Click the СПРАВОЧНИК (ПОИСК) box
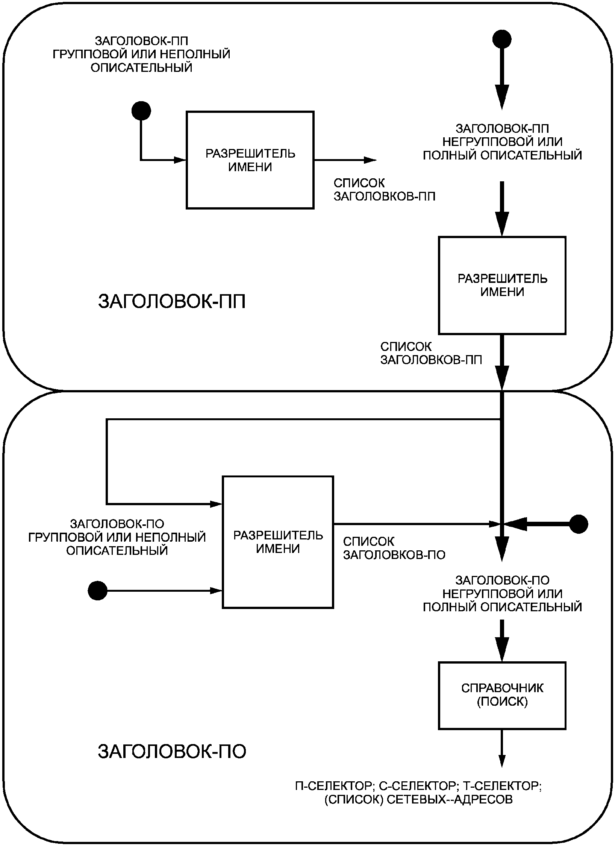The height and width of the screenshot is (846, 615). coord(502,695)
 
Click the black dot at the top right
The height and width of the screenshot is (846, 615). coord(502,39)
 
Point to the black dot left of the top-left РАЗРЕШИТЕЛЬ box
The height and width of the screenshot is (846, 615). coord(141,111)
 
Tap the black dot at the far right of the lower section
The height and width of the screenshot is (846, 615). coord(579,524)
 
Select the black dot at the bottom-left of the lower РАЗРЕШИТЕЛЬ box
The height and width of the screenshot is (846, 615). coord(98,591)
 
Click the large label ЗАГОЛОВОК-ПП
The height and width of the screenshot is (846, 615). coord(172,302)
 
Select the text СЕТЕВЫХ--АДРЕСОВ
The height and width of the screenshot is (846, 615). coord(450,799)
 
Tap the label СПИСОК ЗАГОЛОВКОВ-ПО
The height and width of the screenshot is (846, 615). coord(394,548)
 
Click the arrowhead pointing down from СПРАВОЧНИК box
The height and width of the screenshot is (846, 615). coord(502,760)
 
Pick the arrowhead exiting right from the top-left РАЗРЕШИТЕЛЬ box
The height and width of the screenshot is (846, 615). coord(370,160)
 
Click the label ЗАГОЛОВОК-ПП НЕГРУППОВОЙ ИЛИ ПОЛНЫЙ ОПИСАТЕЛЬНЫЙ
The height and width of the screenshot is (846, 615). coord(502,142)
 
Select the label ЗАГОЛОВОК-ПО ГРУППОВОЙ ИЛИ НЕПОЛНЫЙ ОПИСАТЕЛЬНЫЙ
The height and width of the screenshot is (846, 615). coord(117,537)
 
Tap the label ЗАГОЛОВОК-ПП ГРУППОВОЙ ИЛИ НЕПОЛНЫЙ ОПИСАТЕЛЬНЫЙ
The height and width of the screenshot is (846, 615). coord(141,54)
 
